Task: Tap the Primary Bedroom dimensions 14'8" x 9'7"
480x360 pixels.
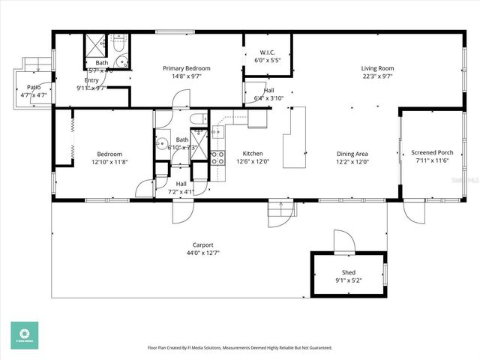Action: pos(187,76)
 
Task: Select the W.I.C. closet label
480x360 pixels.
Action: pos(267,52)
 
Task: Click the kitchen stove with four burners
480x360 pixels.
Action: pos(218,157)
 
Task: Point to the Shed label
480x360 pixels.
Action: pos(349,272)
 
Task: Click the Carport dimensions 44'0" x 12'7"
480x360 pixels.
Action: pos(203,253)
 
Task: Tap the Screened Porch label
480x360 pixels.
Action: pos(434,152)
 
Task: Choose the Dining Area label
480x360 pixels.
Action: pos(352,153)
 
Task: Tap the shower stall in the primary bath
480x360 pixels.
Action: pos(97,44)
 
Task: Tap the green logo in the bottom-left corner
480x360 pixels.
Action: pos(24,335)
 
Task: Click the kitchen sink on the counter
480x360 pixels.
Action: pos(217,133)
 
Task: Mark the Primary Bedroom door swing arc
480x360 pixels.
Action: pos(178,100)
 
